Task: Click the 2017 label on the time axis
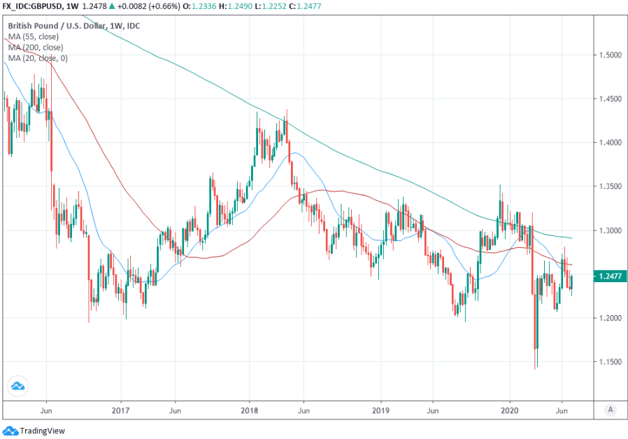tap(121, 409)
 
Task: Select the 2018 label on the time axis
tap(250, 409)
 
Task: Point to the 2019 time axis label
tap(380, 409)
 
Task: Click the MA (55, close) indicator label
tap(34, 36)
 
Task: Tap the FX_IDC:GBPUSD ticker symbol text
tap(32, 6)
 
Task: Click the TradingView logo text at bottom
tap(42, 431)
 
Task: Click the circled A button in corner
tap(611, 409)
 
